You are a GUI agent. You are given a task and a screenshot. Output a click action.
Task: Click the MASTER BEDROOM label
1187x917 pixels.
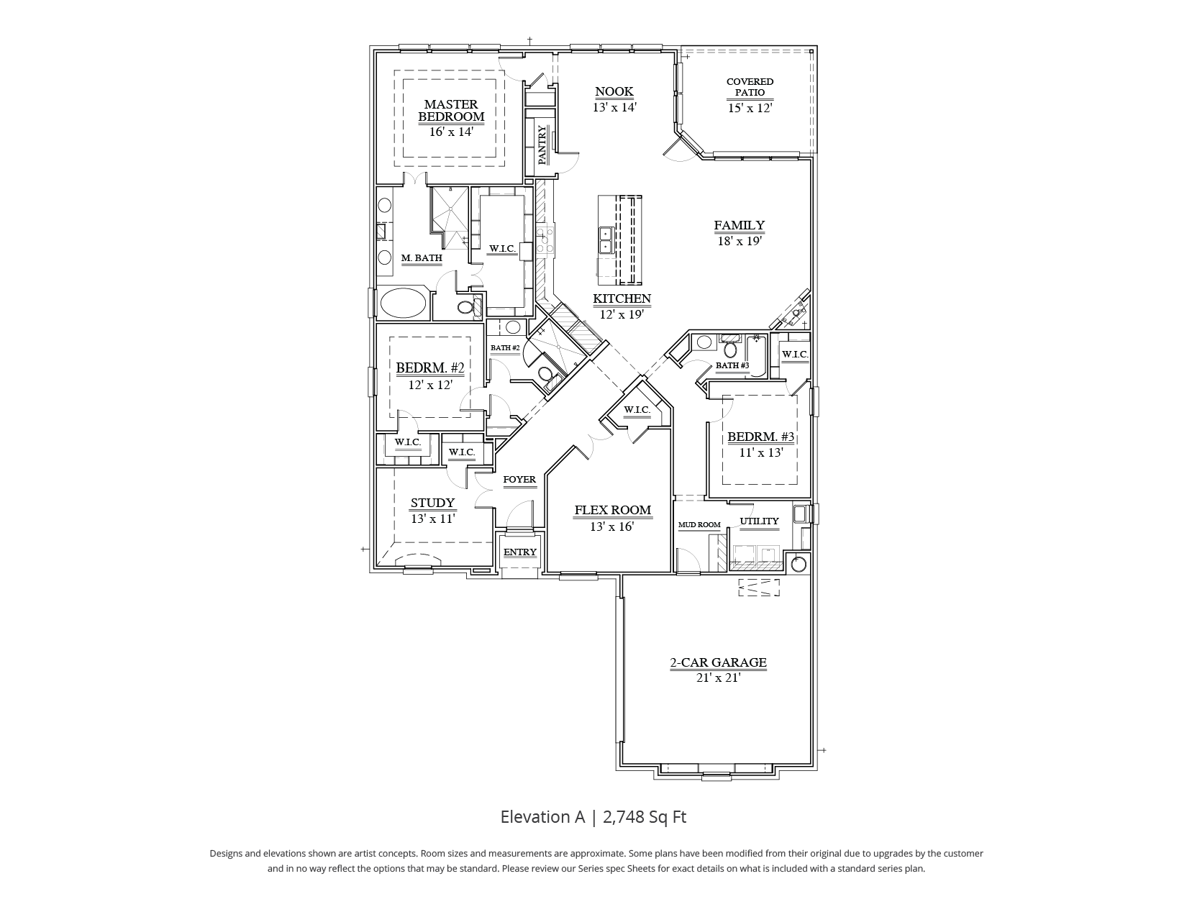tap(451, 111)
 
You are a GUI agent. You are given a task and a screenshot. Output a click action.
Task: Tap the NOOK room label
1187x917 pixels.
tap(614, 91)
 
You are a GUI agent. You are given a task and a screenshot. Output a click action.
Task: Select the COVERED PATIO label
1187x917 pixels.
tap(750, 87)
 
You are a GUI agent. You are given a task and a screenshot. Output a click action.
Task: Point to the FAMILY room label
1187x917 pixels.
tap(739, 226)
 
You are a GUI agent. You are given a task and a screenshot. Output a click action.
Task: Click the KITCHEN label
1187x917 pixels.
tap(622, 298)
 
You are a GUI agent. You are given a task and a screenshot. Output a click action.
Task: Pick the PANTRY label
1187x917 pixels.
tap(542, 145)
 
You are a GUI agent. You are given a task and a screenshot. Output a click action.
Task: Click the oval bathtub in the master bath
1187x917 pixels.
tap(403, 303)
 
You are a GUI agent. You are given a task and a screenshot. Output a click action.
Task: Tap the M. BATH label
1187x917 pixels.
tap(422, 257)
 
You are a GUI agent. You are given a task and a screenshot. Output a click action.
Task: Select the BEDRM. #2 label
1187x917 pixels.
tap(430, 368)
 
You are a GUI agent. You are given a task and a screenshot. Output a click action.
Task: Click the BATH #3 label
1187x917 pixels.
tap(732, 365)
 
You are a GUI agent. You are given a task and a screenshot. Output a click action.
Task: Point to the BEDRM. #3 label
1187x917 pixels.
tap(760, 437)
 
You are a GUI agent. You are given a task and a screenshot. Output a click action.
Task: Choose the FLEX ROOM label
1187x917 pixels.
tap(612, 510)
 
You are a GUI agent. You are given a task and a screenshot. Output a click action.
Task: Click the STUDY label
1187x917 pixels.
tap(432, 503)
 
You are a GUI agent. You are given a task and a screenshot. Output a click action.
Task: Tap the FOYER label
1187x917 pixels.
tap(519, 480)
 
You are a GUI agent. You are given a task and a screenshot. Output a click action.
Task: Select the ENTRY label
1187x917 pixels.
tap(520, 552)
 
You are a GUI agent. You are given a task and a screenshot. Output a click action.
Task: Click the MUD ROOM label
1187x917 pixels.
tap(699, 525)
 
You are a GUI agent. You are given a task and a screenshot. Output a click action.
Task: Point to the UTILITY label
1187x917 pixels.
tap(759, 521)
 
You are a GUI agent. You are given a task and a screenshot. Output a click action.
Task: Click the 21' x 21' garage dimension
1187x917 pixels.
tap(718, 678)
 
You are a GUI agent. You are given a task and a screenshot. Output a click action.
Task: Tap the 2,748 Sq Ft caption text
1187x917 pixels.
tap(645, 817)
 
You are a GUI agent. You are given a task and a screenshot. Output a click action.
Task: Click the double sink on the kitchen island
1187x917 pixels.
tap(606, 240)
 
